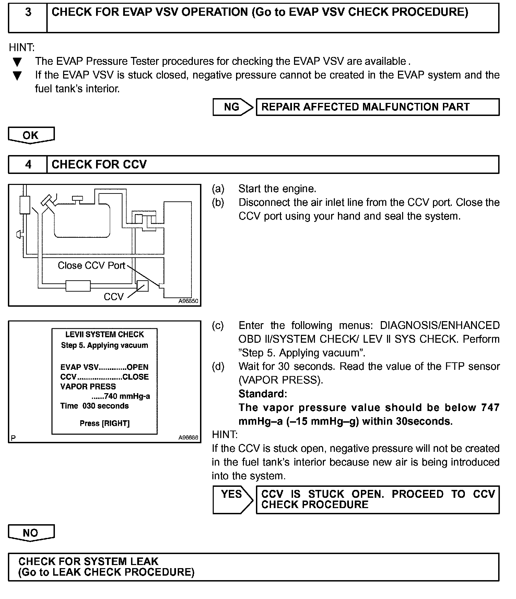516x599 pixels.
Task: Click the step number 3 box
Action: click(x=28, y=18)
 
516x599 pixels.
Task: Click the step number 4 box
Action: click(x=28, y=165)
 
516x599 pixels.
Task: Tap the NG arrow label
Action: click(x=232, y=107)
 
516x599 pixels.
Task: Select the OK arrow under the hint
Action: click(x=31, y=135)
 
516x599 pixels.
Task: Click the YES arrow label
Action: click(x=232, y=494)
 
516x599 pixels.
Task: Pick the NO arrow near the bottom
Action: click(x=31, y=533)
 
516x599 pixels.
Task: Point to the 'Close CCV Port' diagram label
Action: click(x=91, y=266)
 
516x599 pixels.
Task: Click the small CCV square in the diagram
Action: click(x=142, y=286)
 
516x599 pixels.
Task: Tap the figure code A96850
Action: click(x=188, y=301)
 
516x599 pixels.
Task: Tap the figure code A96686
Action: click(x=188, y=438)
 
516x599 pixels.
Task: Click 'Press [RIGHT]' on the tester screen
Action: click(x=105, y=423)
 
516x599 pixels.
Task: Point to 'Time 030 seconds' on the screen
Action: click(x=94, y=406)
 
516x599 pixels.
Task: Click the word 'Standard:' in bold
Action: click(x=262, y=394)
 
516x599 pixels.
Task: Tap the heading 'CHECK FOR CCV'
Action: click(x=99, y=165)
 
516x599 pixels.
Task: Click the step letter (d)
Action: click(x=218, y=366)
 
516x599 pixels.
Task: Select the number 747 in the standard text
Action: click(x=490, y=408)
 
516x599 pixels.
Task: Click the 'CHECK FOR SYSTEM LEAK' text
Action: click(x=89, y=562)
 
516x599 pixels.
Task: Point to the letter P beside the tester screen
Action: click(x=13, y=438)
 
